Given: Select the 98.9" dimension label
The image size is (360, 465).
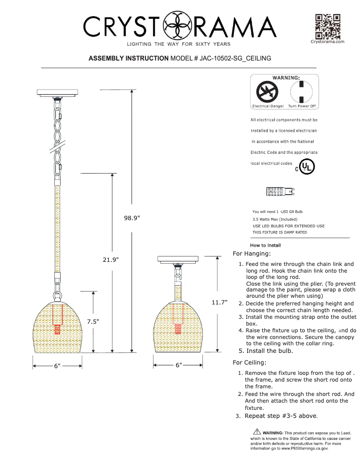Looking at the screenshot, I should [x=132, y=218].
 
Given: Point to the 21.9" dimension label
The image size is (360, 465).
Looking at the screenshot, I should [x=111, y=260].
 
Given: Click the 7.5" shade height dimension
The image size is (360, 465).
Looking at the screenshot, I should [x=93, y=322].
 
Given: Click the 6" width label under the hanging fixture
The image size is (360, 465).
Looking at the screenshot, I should [x=57, y=366].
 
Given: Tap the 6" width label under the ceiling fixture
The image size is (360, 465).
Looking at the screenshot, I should [x=178, y=366].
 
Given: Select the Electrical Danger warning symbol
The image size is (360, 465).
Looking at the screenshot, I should [x=267, y=93].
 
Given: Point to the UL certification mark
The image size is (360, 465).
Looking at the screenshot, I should [x=307, y=167].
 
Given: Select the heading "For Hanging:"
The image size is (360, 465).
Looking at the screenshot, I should [x=252, y=254].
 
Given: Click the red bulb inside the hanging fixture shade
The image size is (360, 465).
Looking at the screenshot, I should [x=57, y=330].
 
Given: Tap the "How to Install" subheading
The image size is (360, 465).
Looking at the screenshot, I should [x=265, y=245].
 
